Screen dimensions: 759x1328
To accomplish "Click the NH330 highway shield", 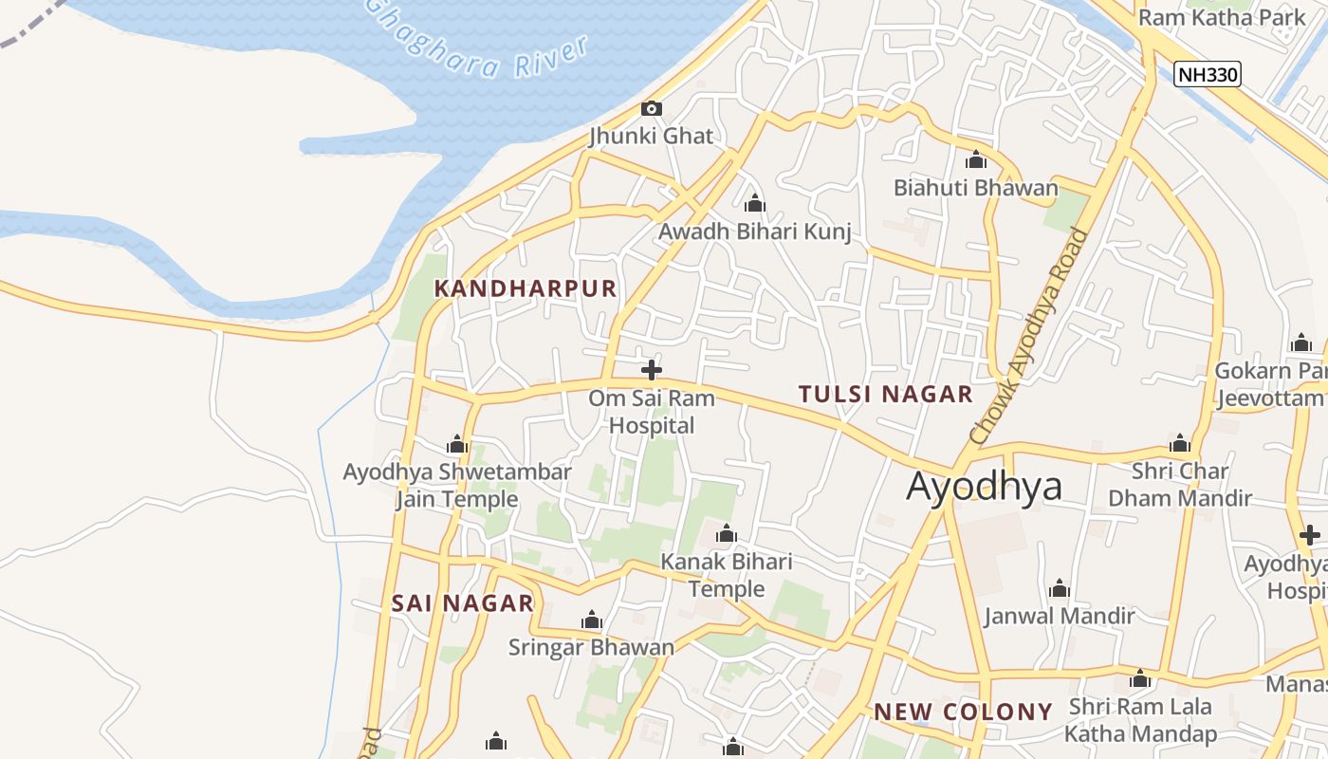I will coord(1207,74).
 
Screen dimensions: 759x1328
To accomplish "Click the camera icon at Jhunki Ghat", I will coord(651,109).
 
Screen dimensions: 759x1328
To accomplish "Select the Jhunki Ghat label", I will coord(651,136).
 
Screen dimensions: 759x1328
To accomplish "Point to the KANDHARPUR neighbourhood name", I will coord(526,288).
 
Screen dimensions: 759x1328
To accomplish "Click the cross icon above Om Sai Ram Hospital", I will coord(652,370).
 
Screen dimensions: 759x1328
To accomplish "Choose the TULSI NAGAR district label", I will coord(885,394).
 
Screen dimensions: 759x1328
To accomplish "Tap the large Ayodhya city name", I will coord(984,486).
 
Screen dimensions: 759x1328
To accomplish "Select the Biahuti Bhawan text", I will coord(975,188).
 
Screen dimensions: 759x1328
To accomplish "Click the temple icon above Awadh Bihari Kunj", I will coord(755,203).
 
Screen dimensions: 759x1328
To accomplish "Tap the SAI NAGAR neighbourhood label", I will coord(462,603).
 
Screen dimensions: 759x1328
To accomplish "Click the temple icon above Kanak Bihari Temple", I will coord(727,534).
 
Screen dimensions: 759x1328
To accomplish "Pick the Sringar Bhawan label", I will coord(591,647).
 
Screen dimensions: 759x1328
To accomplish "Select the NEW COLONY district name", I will coord(963,712).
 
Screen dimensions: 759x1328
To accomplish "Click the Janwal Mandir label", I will coord(1059,616).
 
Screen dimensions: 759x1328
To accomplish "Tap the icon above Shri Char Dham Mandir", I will coord(1180,443).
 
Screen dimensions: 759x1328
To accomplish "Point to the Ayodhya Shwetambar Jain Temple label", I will coord(457,485).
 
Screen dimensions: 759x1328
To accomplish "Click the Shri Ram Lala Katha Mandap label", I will coord(1140,720).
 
